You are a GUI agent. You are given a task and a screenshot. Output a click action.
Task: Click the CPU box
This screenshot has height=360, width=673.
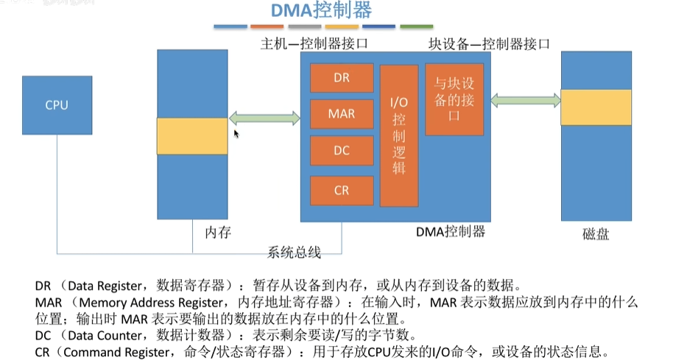click(57, 105)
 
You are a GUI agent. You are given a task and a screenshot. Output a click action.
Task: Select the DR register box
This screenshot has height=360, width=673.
click(341, 78)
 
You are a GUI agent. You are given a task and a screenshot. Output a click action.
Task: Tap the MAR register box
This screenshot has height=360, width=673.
click(341, 114)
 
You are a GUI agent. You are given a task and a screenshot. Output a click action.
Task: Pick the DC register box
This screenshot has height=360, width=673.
click(341, 150)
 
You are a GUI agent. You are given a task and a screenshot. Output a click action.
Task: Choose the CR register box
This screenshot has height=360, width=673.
click(341, 190)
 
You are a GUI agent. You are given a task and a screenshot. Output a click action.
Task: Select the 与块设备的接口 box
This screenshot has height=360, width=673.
click(454, 99)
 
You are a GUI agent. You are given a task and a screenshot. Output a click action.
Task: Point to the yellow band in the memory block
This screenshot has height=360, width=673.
click(192, 136)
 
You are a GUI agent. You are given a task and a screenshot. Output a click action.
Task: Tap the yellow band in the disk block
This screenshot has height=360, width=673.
click(596, 107)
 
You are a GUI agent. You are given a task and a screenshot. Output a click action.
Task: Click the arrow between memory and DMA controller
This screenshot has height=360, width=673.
click(265, 117)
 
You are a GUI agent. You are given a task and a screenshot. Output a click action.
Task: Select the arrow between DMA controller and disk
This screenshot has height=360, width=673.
click(524, 99)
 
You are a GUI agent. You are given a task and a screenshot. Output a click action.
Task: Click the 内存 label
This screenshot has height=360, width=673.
click(218, 233)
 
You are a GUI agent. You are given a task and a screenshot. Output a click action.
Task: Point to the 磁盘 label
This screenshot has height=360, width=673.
click(596, 236)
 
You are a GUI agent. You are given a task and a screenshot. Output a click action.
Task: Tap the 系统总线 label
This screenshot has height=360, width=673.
click(294, 253)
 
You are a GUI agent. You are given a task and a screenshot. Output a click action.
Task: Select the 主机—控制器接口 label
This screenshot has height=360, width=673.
click(314, 43)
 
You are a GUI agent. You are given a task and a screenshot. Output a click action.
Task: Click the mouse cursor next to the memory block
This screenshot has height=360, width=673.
click(236, 134)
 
